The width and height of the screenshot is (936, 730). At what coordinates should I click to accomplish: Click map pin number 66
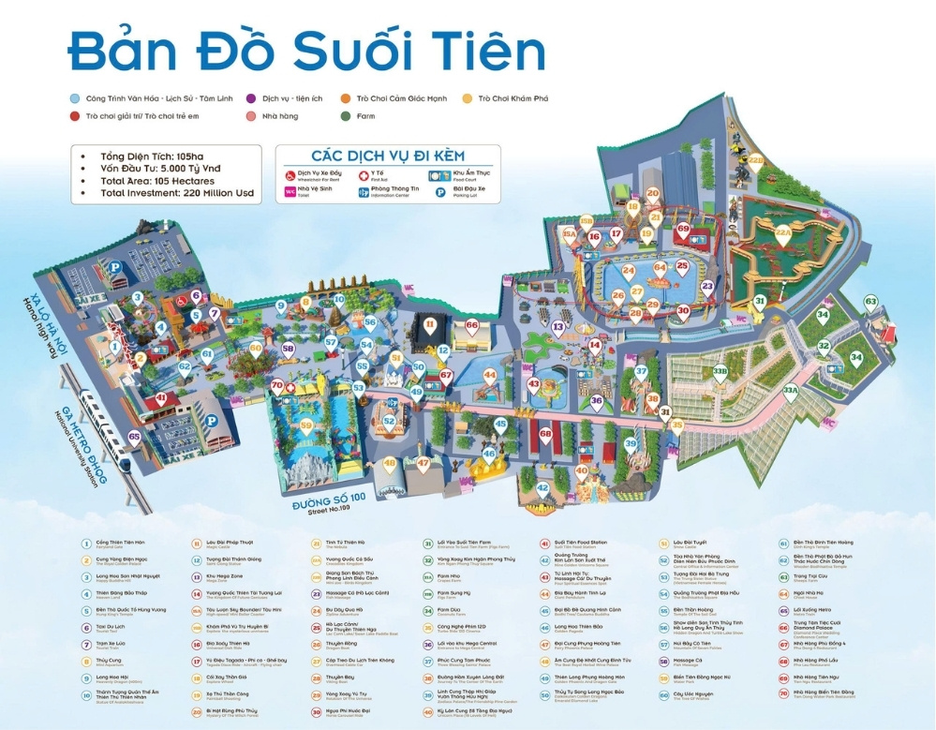pyautogui.click(x=472, y=325)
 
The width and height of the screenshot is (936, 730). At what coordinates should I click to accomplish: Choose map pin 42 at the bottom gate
pyautogui.click(x=542, y=487)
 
